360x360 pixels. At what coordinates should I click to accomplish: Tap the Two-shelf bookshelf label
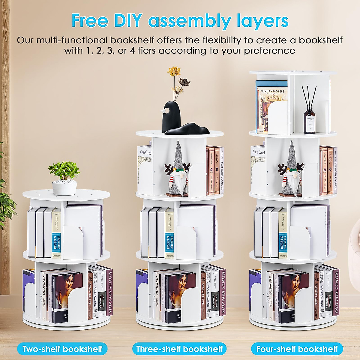tap(62, 349)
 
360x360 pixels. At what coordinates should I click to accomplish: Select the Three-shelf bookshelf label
tap(179, 349)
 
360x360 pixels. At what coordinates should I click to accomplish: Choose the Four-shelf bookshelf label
tap(297, 349)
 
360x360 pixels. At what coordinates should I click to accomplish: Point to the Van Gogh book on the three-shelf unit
tap(144, 163)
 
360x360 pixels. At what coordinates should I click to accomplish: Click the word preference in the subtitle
tap(269, 50)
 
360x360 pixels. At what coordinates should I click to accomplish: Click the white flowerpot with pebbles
tap(64, 187)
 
